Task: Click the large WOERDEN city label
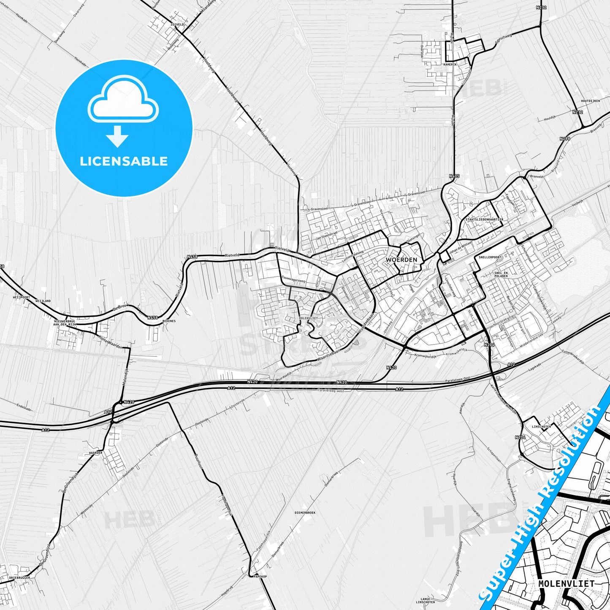click(x=401, y=260)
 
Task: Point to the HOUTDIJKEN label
click(x=590, y=101)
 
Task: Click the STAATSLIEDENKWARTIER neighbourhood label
click(x=484, y=220)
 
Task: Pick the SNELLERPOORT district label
click(x=490, y=257)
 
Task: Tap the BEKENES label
click(x=168, y=321)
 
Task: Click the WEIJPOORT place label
click(x=22, y=297)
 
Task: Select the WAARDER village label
click(x=96, y=453)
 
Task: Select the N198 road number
click(x=564, y=138)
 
